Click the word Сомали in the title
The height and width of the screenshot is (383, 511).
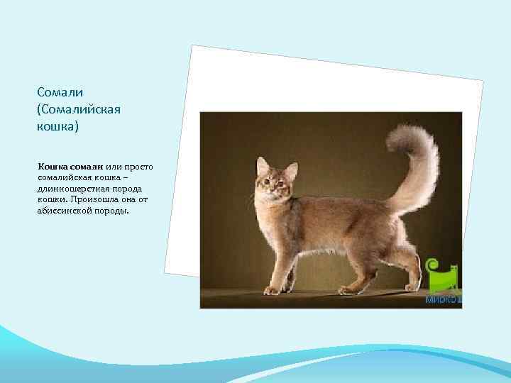(60, 93)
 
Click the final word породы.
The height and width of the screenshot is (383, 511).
(112, 211)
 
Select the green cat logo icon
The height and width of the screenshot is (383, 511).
(444, 276)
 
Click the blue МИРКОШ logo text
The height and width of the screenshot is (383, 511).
(444, 299)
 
